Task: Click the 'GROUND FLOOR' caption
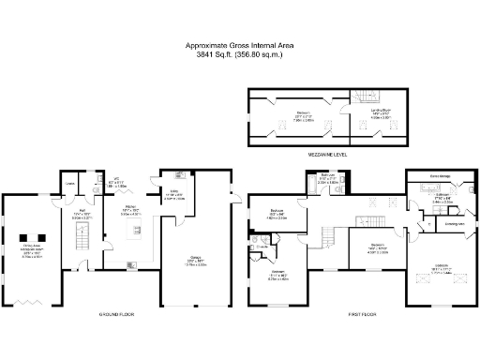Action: click(112, 314)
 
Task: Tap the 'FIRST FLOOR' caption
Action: click(362, 314)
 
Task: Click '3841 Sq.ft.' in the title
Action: click(212, 55)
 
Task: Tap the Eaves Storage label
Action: click(442, 175)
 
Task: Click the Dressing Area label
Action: click(455, 224)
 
